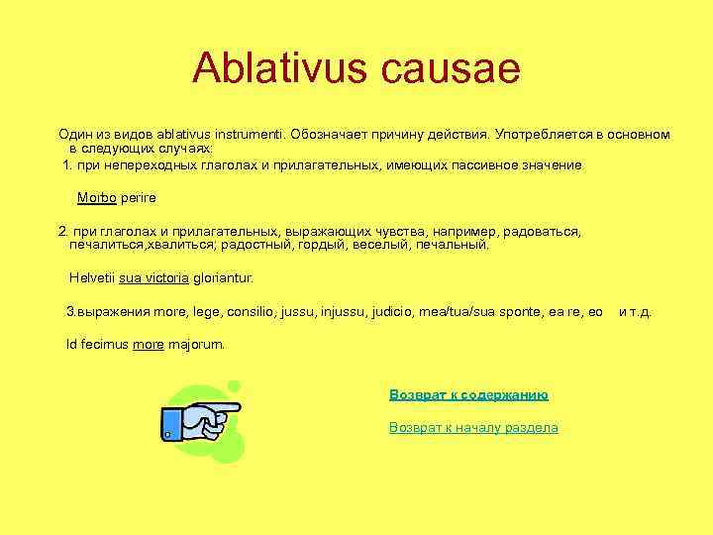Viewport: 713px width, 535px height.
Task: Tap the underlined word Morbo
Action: [97, 198]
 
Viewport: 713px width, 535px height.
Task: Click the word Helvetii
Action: [92, 278]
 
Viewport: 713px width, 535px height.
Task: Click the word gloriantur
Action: [224, 278]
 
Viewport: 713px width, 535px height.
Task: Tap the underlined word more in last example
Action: [149, 346]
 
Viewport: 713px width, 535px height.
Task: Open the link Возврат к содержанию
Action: [468, 394]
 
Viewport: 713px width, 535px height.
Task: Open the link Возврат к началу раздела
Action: [473, 428]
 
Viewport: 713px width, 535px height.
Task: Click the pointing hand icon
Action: [202, 420]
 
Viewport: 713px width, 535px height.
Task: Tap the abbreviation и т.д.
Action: [635, 312]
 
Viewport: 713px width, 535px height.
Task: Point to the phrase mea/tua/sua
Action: [452, 312]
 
